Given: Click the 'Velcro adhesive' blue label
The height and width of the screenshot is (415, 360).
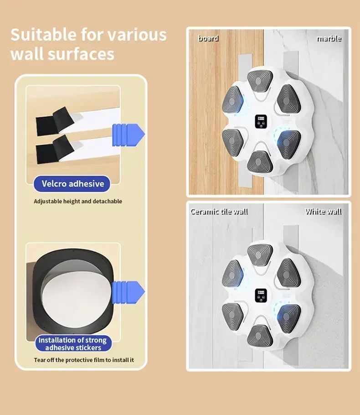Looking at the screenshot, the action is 72,184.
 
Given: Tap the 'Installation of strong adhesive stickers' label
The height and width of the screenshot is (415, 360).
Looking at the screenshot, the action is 73,343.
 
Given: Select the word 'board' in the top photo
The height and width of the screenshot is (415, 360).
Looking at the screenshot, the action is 208,39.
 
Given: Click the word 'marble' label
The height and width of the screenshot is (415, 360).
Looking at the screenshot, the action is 329,39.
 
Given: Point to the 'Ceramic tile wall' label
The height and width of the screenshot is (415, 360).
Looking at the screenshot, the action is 219,212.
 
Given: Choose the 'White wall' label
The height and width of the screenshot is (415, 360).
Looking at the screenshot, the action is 323,212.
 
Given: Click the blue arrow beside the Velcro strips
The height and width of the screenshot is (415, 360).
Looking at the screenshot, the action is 129,135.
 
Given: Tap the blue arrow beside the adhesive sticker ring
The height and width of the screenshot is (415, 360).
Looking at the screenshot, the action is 129,292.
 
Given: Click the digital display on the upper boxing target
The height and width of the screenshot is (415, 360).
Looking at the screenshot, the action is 261,121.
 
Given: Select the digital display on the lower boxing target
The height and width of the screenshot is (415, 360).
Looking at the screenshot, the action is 261,296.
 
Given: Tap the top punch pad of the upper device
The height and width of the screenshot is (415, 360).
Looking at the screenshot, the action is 260,81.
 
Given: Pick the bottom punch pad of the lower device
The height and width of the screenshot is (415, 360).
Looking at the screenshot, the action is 260,336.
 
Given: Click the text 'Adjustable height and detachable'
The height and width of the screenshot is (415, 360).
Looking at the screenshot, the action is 78,202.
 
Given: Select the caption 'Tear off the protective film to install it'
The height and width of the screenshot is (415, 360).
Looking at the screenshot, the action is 84,360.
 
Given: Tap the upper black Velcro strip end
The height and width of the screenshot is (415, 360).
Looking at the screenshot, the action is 55,121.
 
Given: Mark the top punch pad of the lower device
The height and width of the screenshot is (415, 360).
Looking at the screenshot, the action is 260,254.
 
